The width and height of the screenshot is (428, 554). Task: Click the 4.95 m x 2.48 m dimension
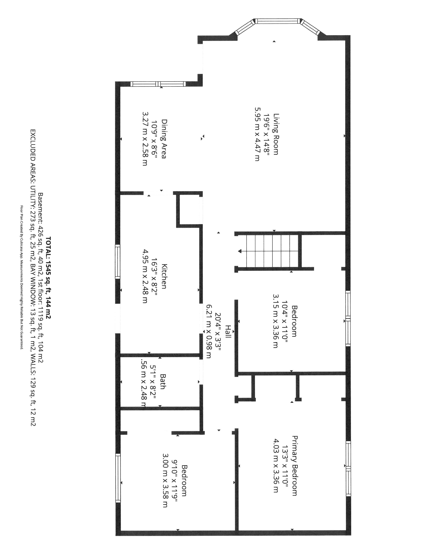tap(145, 276)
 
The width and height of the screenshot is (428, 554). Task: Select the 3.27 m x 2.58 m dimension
tap(145, 139)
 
